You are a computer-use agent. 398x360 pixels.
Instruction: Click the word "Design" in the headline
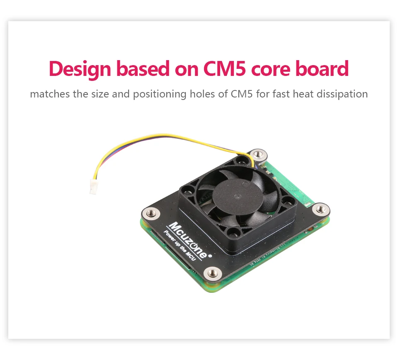pos(79,69)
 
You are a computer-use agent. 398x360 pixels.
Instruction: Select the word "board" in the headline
pos(322,69)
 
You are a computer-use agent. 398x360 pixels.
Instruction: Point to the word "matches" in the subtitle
pos(50,94)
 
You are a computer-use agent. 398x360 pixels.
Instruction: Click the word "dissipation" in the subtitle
pos(342,94)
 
